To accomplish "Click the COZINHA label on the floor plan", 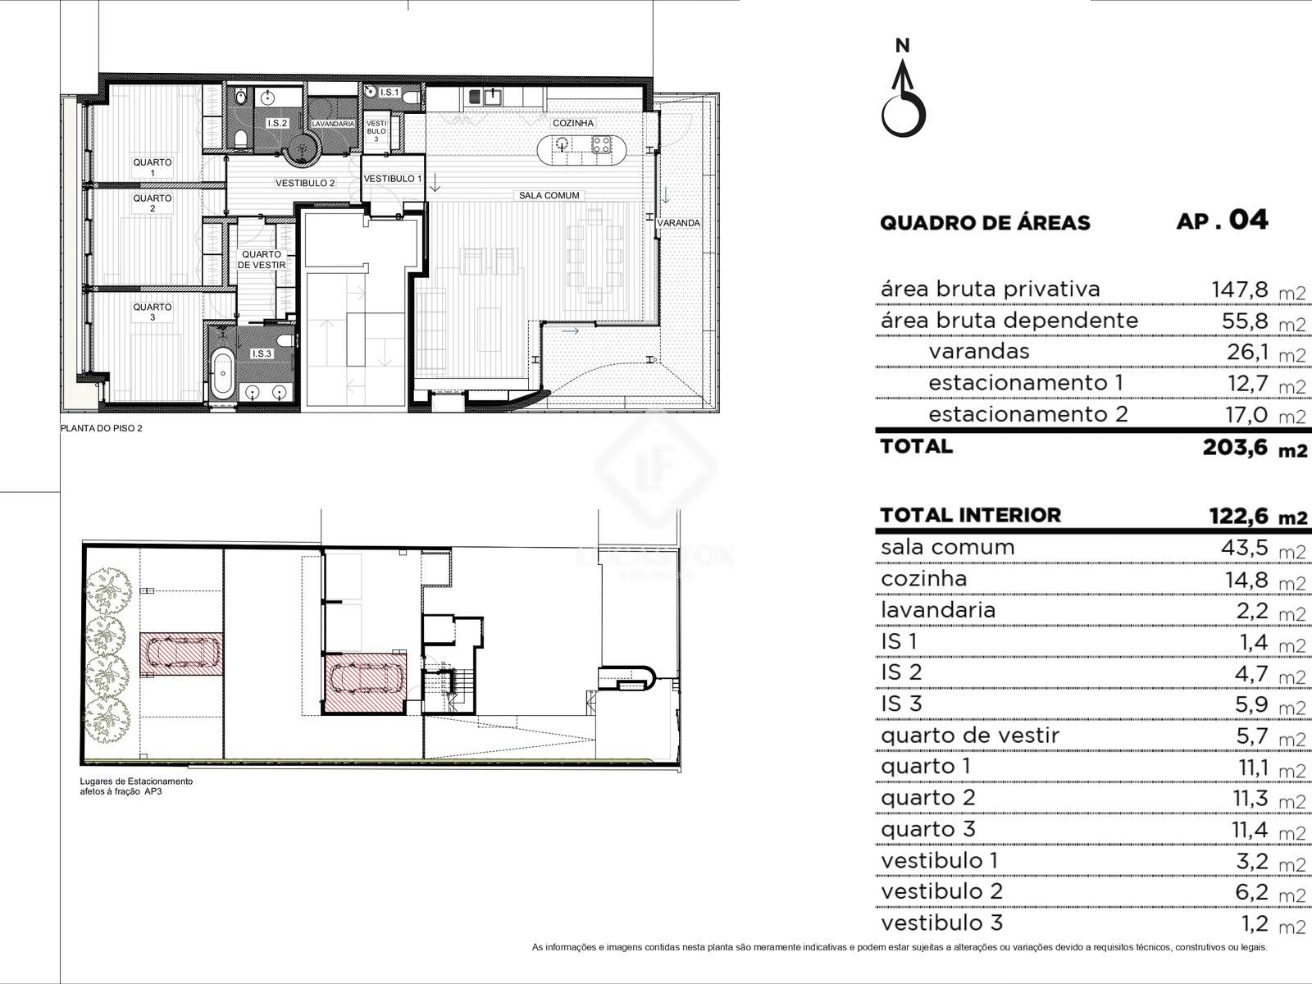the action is pos(572,123).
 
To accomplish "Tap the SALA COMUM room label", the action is pos(549,195).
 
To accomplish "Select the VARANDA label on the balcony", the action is pos(678,223).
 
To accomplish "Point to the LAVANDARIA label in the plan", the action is pos(333,124).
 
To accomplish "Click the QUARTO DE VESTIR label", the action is pos(262,259).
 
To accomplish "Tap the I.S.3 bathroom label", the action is pos(262,353).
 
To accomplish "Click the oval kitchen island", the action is pos(581,150).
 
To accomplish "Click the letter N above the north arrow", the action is pos(903,45).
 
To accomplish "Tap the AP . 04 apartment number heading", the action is pos(1222,221).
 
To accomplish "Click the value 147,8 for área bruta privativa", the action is pos(1239,289).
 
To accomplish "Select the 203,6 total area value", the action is pos(1235,447).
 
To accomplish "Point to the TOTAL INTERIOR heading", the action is pos(970,515).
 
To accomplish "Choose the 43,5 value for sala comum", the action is pos(1245,547).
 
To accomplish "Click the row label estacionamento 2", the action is pos(1028,414).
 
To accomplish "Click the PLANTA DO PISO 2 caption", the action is pos(102,428).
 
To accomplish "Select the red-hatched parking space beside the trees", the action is pos(182,655).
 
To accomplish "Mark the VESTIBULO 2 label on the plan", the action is pos(305,184).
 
